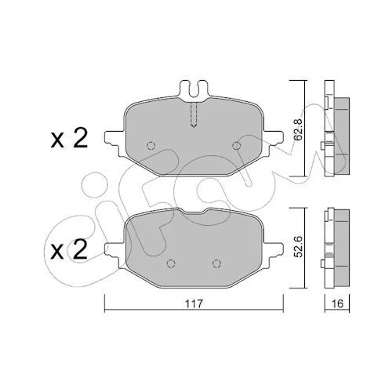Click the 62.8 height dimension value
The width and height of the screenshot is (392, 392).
coord(299,129)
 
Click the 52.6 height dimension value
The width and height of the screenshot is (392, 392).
coord(299,246)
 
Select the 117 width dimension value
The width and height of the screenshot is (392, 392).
coord(194,303)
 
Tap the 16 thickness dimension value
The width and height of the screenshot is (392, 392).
coord(337,303)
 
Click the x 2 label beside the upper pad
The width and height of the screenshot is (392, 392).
coord(69,139)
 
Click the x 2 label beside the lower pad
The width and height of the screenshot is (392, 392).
coord(69,249)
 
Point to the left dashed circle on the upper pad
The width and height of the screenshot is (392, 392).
coord(151,145)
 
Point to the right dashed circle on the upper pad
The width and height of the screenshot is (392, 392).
coord(237,145)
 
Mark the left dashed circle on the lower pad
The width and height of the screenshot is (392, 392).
coord(171,263)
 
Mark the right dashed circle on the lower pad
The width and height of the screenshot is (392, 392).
coord(216,263)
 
